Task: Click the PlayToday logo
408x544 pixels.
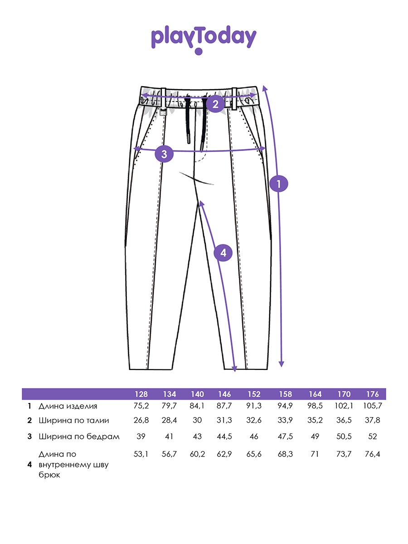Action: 204,39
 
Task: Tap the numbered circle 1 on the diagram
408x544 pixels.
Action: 278,184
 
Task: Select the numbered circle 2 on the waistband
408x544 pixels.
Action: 215,104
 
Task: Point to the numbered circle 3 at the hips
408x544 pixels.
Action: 164,154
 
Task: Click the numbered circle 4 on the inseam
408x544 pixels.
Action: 223,253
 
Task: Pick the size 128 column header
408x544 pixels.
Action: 141,394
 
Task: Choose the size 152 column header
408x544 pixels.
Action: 254,394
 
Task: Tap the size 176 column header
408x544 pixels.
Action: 372,394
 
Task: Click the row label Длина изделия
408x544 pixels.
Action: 68,406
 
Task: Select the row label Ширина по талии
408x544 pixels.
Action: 73,421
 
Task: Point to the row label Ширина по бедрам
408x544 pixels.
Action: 79,437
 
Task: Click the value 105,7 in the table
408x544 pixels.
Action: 373,406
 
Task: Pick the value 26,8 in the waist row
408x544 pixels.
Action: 141,420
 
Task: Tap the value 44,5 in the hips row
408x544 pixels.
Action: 224,436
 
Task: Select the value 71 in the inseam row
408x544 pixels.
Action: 314,454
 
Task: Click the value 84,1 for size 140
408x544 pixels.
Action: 197,406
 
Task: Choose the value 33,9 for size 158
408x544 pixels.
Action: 285,420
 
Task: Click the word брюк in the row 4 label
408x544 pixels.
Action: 49,475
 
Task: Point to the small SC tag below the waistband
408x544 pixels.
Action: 163,113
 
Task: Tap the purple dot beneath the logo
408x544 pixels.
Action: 199,52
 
